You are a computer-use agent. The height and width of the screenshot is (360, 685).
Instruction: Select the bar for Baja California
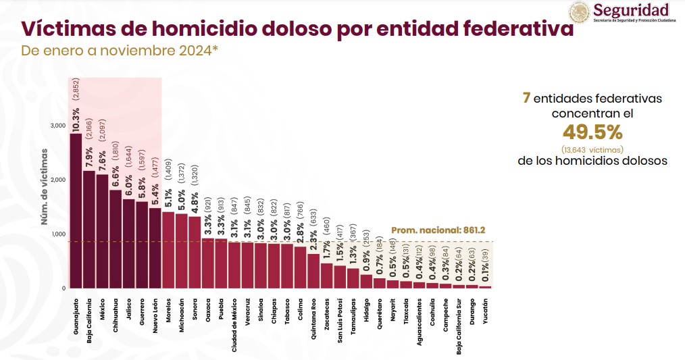[88, 230]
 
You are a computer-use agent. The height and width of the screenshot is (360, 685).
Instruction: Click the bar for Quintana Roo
[313, 271]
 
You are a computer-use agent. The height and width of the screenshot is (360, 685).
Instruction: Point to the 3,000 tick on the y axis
[57, 126]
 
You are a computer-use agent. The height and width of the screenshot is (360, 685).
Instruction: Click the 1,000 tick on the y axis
[58, 234]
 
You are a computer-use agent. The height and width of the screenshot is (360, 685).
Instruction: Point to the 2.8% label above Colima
[300, 222]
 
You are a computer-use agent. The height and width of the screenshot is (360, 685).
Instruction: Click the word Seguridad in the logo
[631, 10]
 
